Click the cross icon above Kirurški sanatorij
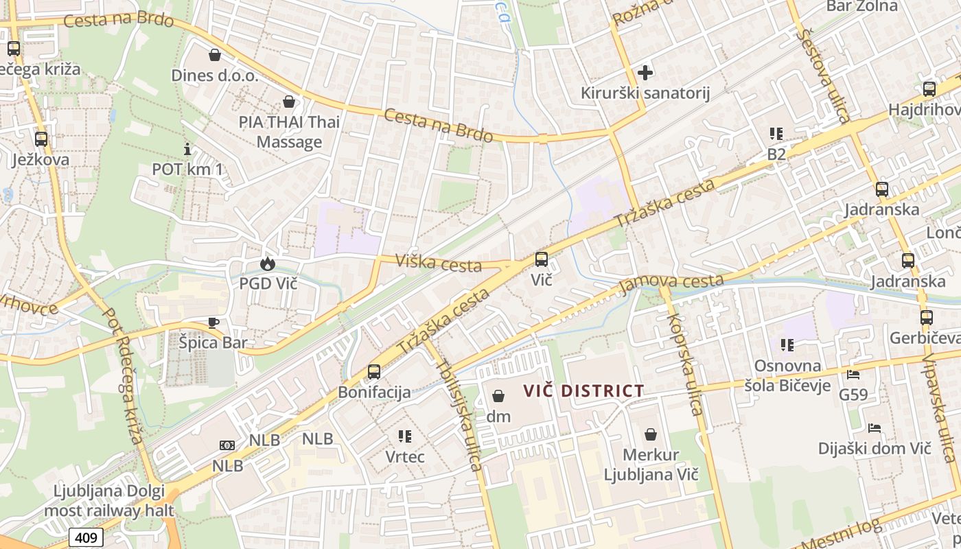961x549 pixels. (645, 72)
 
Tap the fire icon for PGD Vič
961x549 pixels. (267, 264)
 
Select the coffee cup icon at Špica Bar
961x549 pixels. (213, 323)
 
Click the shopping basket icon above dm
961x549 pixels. (498, 396)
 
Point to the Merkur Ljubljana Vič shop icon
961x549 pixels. (650, 434)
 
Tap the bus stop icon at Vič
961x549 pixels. (541, 259)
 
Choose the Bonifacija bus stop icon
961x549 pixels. (374, 372)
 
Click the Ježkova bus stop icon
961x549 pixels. (41, 139)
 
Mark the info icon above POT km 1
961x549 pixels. (187, 149)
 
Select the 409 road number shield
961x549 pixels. (86, 537)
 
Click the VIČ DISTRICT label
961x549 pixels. (583, 391)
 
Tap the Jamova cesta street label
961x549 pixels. (672, 282)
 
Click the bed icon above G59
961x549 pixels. (853, 375)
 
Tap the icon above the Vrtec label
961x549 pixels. (405, 436)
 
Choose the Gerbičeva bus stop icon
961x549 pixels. (926, 318)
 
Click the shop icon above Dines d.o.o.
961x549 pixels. (215, 55)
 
